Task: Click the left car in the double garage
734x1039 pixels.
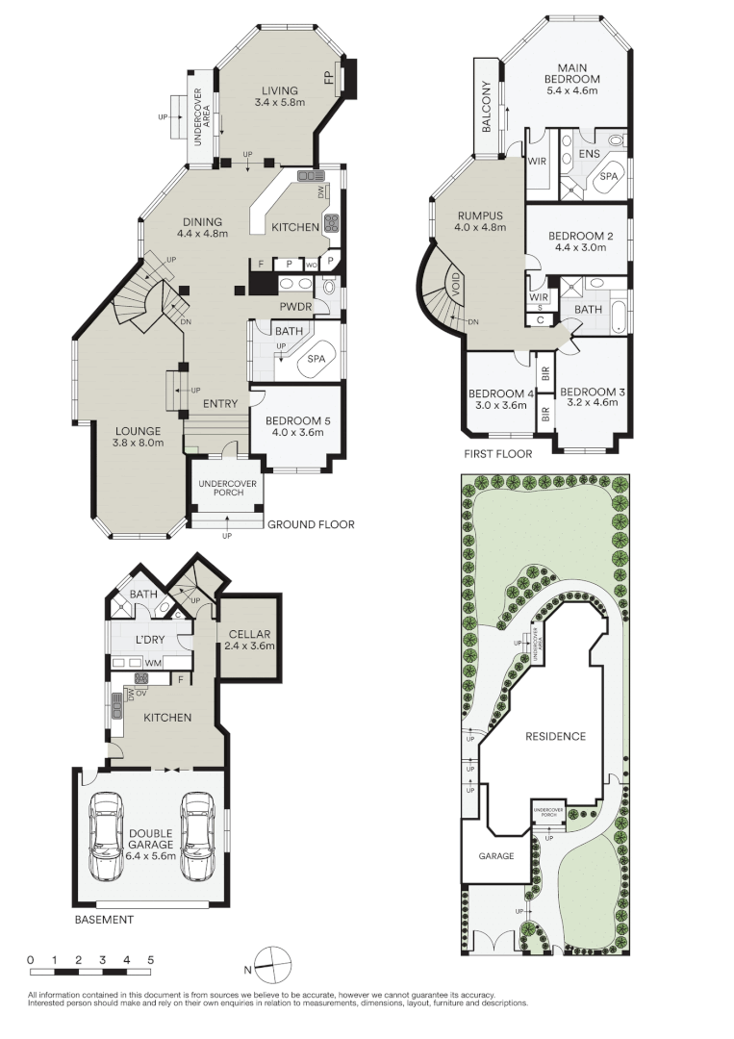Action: [106, 836]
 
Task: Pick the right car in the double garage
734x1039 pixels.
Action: [196, 836]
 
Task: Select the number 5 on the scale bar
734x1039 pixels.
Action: [150, 960]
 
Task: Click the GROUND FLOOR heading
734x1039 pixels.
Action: [311, 524]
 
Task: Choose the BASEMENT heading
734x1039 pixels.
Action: [104, 920]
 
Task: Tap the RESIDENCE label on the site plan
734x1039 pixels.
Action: [554, 736]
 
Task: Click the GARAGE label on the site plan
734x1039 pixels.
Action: [496, 855]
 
